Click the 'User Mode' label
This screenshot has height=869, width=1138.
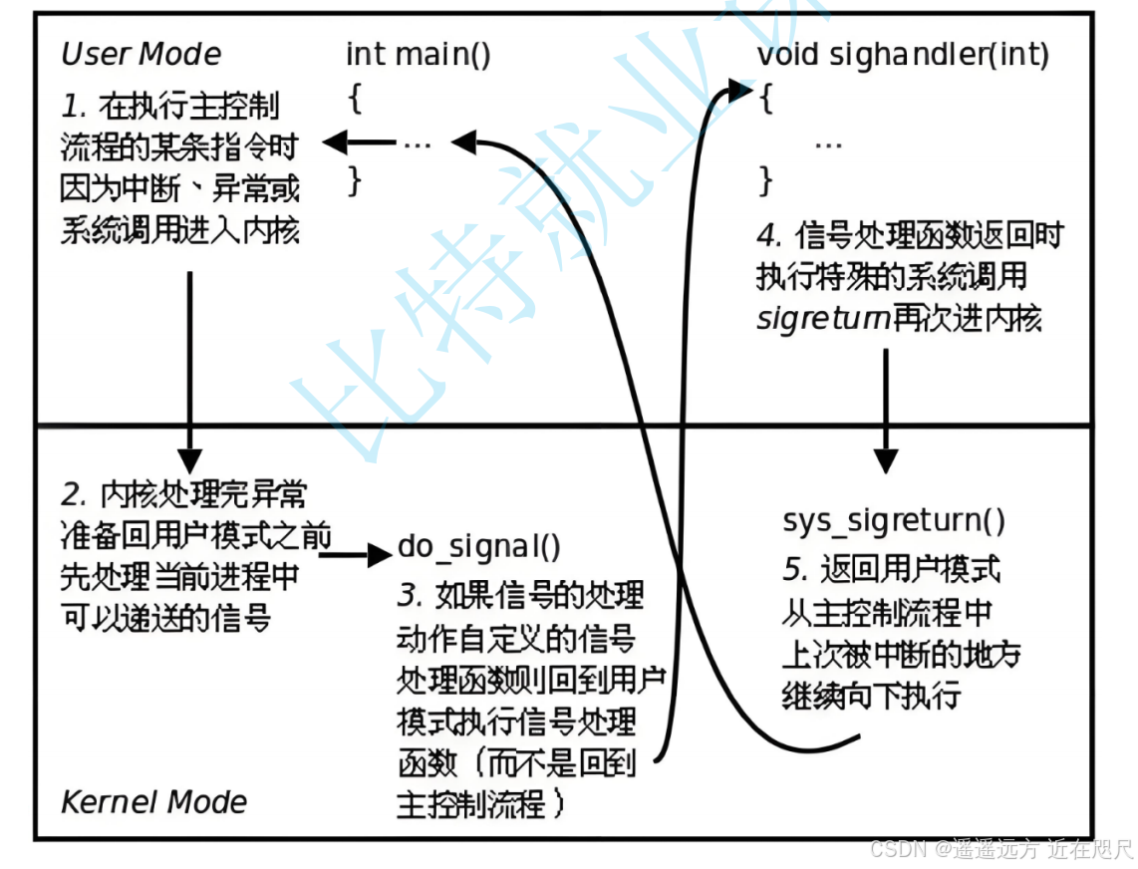(142, 54)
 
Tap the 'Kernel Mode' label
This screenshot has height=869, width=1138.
(153, 802)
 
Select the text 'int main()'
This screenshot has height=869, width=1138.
(419, 55)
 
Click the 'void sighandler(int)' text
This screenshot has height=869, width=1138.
(903, 55)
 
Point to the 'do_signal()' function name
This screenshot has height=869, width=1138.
(479, 547)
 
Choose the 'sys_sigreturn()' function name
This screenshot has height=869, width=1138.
(894, 520)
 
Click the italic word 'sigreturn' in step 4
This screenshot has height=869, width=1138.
(823, 318)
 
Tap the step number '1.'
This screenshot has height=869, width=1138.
(74, 107)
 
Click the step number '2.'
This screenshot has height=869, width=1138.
(75, 495)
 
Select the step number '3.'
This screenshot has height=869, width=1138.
(410, 595)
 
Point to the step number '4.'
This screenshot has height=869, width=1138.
(769, 234)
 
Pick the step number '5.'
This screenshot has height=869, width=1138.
(795, 569)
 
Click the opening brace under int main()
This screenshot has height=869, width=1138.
(354, 98)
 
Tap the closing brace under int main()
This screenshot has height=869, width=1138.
(354, 180)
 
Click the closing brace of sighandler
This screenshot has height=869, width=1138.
(765, 180)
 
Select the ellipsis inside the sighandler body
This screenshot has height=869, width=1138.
(828, 145)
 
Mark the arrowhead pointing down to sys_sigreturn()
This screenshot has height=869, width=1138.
(886, 461)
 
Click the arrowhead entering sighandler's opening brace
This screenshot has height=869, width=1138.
(740, 90)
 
